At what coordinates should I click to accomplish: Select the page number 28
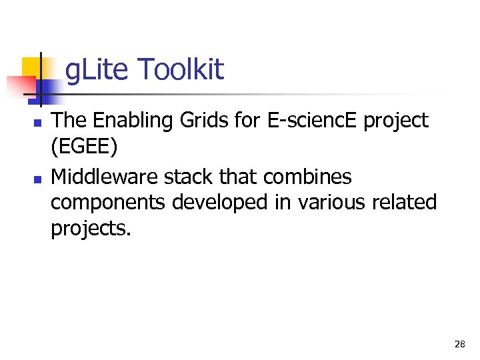click(x=459, y=344)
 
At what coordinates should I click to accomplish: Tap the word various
click(x=325, y=202)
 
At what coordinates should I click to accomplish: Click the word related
click(x=405, y=202)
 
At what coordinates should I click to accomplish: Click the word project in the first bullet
click(x=399, y=122)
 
